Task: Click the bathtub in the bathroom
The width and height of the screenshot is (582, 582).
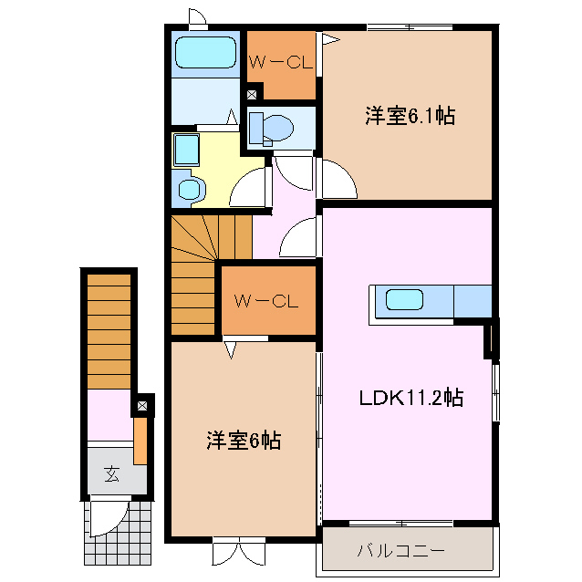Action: [x=205, y=52]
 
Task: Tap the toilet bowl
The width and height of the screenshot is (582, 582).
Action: [x=277, y=128]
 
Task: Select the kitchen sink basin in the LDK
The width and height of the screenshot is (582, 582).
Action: [x=404, y=300]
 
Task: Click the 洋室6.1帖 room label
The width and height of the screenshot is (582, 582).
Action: [x=411, y=116]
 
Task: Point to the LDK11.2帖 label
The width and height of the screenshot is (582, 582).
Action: [x=411, y=398]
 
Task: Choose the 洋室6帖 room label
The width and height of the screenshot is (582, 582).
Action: [x=244, y=441]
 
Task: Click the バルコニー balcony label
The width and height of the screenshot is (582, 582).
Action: [x=400, y=550]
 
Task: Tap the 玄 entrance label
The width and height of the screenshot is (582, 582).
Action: [x=111, y=473]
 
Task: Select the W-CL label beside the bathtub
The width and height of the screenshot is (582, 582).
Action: [x=281, y=62]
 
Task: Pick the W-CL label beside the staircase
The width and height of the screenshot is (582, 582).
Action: [x=266, y=301]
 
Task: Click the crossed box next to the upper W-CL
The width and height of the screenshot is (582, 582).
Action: [x=252, y=95]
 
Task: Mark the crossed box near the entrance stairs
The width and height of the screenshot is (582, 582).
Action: [x=142, y=406]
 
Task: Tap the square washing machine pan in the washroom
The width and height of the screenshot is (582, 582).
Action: [x=187, y=150]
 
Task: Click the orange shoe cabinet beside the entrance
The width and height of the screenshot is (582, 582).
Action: [x=140, y=441]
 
